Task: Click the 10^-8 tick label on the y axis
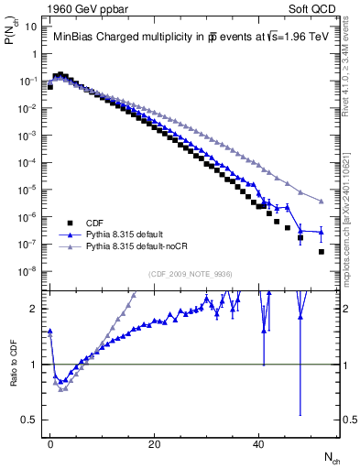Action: point(27,271)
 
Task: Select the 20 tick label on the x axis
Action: point(155,443)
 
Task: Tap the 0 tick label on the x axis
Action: point(50,443)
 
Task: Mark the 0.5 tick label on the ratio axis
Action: point(29,420)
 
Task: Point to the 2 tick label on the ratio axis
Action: point(34,309)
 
